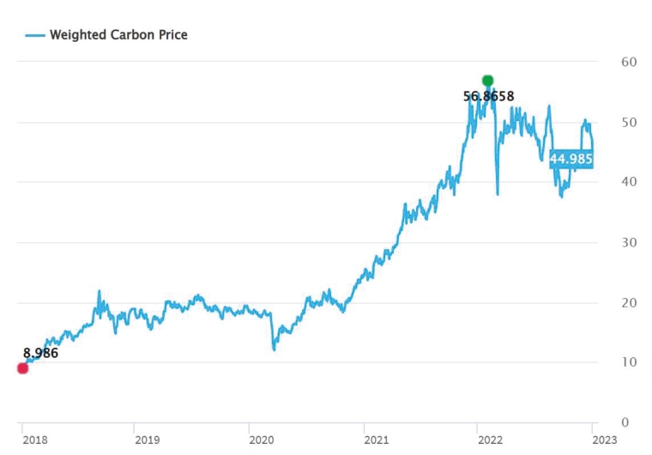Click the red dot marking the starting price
point(22,368)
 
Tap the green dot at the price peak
point(488,81)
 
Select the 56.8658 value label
point(489,97)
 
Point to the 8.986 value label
point(40,353)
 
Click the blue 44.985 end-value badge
point(571,159)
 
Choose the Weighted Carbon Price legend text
point(118,35)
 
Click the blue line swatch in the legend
point(34,35)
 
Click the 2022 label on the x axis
point(490,440)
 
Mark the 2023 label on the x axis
point(604,440)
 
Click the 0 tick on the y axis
point(625,422)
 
